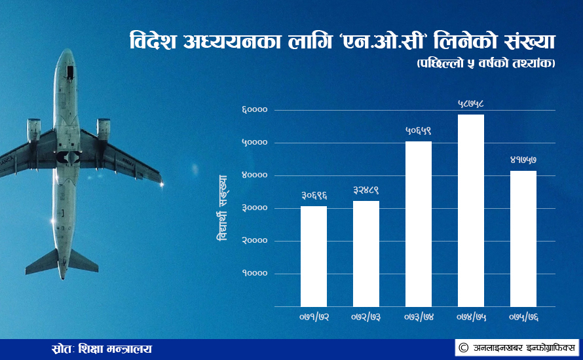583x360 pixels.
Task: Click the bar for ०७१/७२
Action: point(313,257)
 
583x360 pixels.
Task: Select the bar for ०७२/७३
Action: point(366,254)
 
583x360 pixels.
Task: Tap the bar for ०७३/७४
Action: point(419,224)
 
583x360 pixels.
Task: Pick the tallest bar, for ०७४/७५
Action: point(471,211)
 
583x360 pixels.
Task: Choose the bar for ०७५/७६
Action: point(523,239)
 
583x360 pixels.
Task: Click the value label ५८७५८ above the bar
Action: point(471,104)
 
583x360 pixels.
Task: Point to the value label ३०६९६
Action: point(314,196)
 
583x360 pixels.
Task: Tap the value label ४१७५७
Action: point(523,160)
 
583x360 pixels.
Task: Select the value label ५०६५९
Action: point(419,131)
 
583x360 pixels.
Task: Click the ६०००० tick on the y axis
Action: point(255,110)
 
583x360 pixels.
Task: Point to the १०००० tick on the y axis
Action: point(255,274)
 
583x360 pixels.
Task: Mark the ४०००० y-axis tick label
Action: point(255,175)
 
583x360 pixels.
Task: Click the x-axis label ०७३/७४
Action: point(419,317)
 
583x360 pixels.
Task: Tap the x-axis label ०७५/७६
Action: point(523,317)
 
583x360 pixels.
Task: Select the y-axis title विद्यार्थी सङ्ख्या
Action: point(222,208)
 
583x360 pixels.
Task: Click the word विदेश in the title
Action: point(153,41)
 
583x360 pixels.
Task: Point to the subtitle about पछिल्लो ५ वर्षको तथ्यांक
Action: point(486,63)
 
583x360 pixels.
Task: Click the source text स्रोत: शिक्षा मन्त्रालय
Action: point(102,350)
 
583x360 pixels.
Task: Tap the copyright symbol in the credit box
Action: point(463,348)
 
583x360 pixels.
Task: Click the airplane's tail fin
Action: point(62,264)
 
